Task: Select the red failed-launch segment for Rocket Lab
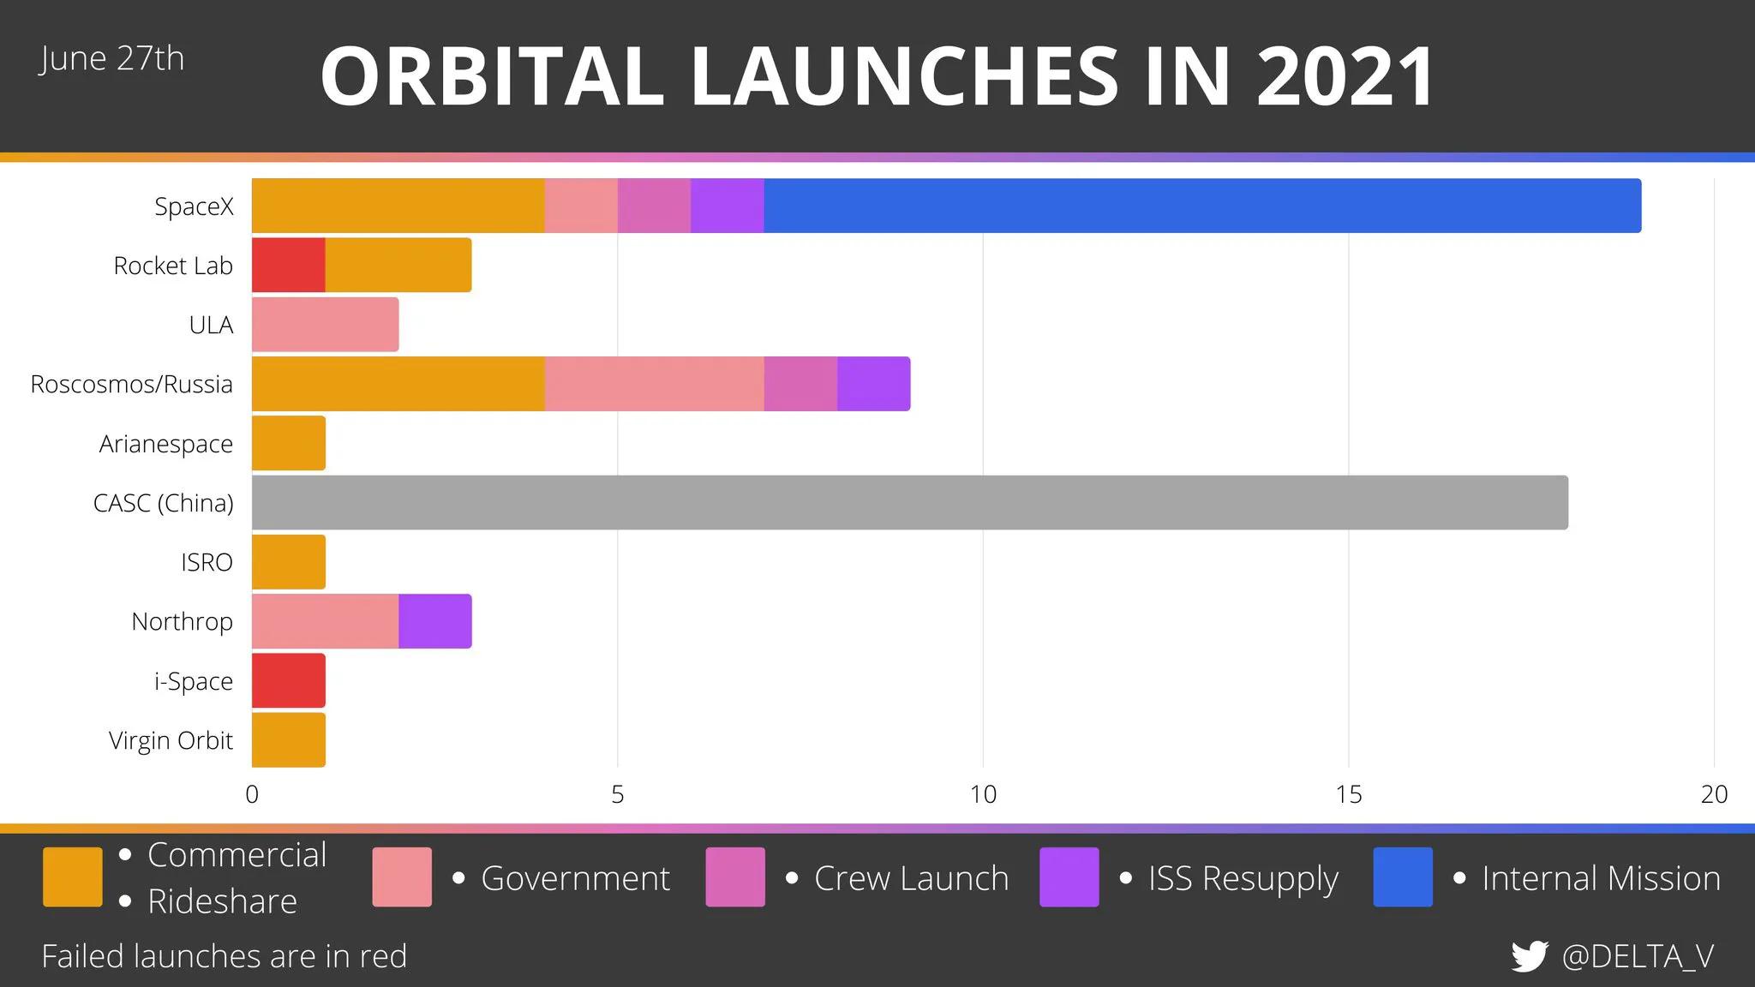(x=289, y=265)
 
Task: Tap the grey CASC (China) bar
(x=909, y=503)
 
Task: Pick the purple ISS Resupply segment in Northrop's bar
(x=435, y=621)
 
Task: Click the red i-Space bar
(x=289, y=681)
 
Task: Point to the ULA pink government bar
(x=325, y=325)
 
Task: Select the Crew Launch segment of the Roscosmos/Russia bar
(x=800, y=384)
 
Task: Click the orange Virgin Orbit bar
(x=289, y=740)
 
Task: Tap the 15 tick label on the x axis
(x=1349, y=795)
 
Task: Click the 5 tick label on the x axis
(x=617, y=795)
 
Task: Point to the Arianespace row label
(x=166, y=444)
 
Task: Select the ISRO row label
(x=207, y=563)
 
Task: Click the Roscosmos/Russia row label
(x=131, y=384)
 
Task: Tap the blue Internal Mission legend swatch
(x=1403, y=876)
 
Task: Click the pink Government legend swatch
(x=402, y=876)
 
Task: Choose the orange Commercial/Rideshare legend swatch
(x=73, y=876)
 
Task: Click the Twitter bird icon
(x=1530, y=956)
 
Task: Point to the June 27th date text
(x=111, y=59)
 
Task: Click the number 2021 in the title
(x=1346, y=77)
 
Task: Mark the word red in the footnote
(x=383, y=956)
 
